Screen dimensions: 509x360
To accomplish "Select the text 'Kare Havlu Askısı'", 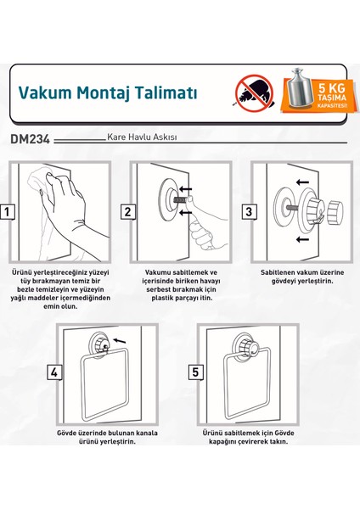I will point(142,137).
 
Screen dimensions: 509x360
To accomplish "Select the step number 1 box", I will point(8,212).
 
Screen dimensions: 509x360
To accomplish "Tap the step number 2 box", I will point(127,212).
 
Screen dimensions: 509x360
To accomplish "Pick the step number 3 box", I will point(249,212).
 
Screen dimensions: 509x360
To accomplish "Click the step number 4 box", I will point(55,371).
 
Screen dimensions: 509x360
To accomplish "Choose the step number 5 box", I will point(196,371).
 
